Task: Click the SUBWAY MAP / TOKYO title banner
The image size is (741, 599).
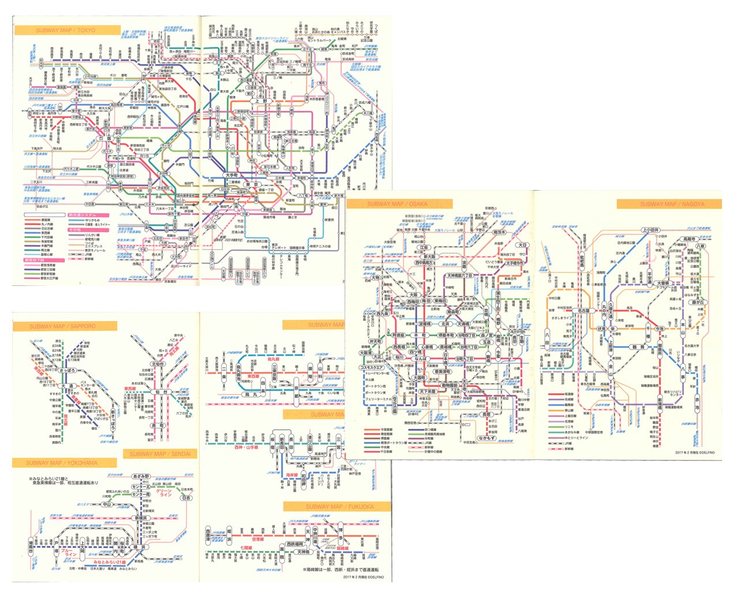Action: (66, 30)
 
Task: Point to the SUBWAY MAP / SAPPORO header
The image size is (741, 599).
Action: (63, 326)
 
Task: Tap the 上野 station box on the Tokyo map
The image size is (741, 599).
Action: (262, 101)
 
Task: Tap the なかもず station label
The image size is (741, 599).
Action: (487, 438)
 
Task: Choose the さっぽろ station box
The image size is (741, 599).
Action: (68, 370)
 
